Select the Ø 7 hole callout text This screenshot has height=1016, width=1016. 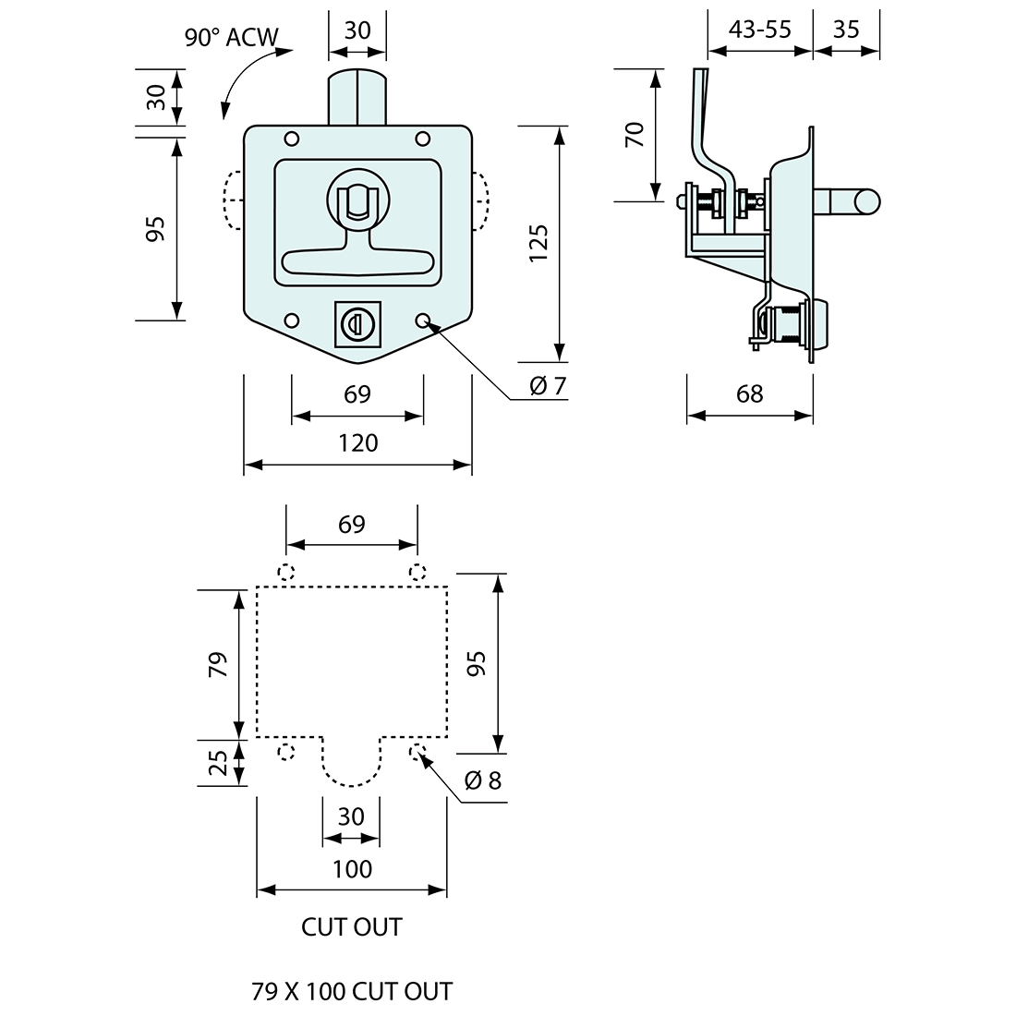547,386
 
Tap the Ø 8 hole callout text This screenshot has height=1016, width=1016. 482,781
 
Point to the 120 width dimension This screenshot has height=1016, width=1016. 357,443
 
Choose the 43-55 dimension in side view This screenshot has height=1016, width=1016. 759,29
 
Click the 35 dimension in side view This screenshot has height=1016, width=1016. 845,29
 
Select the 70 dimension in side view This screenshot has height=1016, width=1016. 634,134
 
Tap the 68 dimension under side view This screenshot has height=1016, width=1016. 750,394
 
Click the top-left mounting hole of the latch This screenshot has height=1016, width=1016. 292,139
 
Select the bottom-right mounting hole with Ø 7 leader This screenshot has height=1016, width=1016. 424,321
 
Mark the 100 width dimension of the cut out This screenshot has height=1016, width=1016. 352,869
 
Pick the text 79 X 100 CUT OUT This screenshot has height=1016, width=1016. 352,992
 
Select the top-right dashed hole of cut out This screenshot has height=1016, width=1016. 417,570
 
